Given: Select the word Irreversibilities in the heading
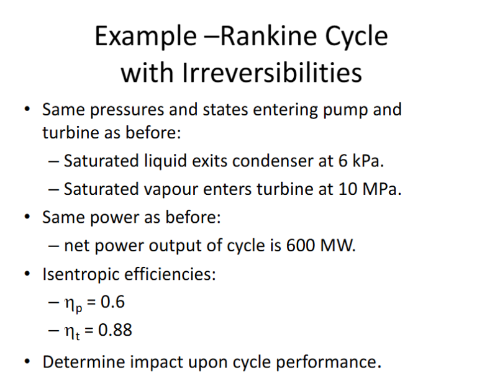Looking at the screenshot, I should tap(271, 73).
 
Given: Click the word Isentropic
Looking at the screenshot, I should tap(82, 274).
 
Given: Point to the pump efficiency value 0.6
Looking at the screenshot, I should tap(112, 302).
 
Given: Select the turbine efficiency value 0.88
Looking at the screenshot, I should tap(115, 330).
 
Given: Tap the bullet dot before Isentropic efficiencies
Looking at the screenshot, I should tap(27, 274).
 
